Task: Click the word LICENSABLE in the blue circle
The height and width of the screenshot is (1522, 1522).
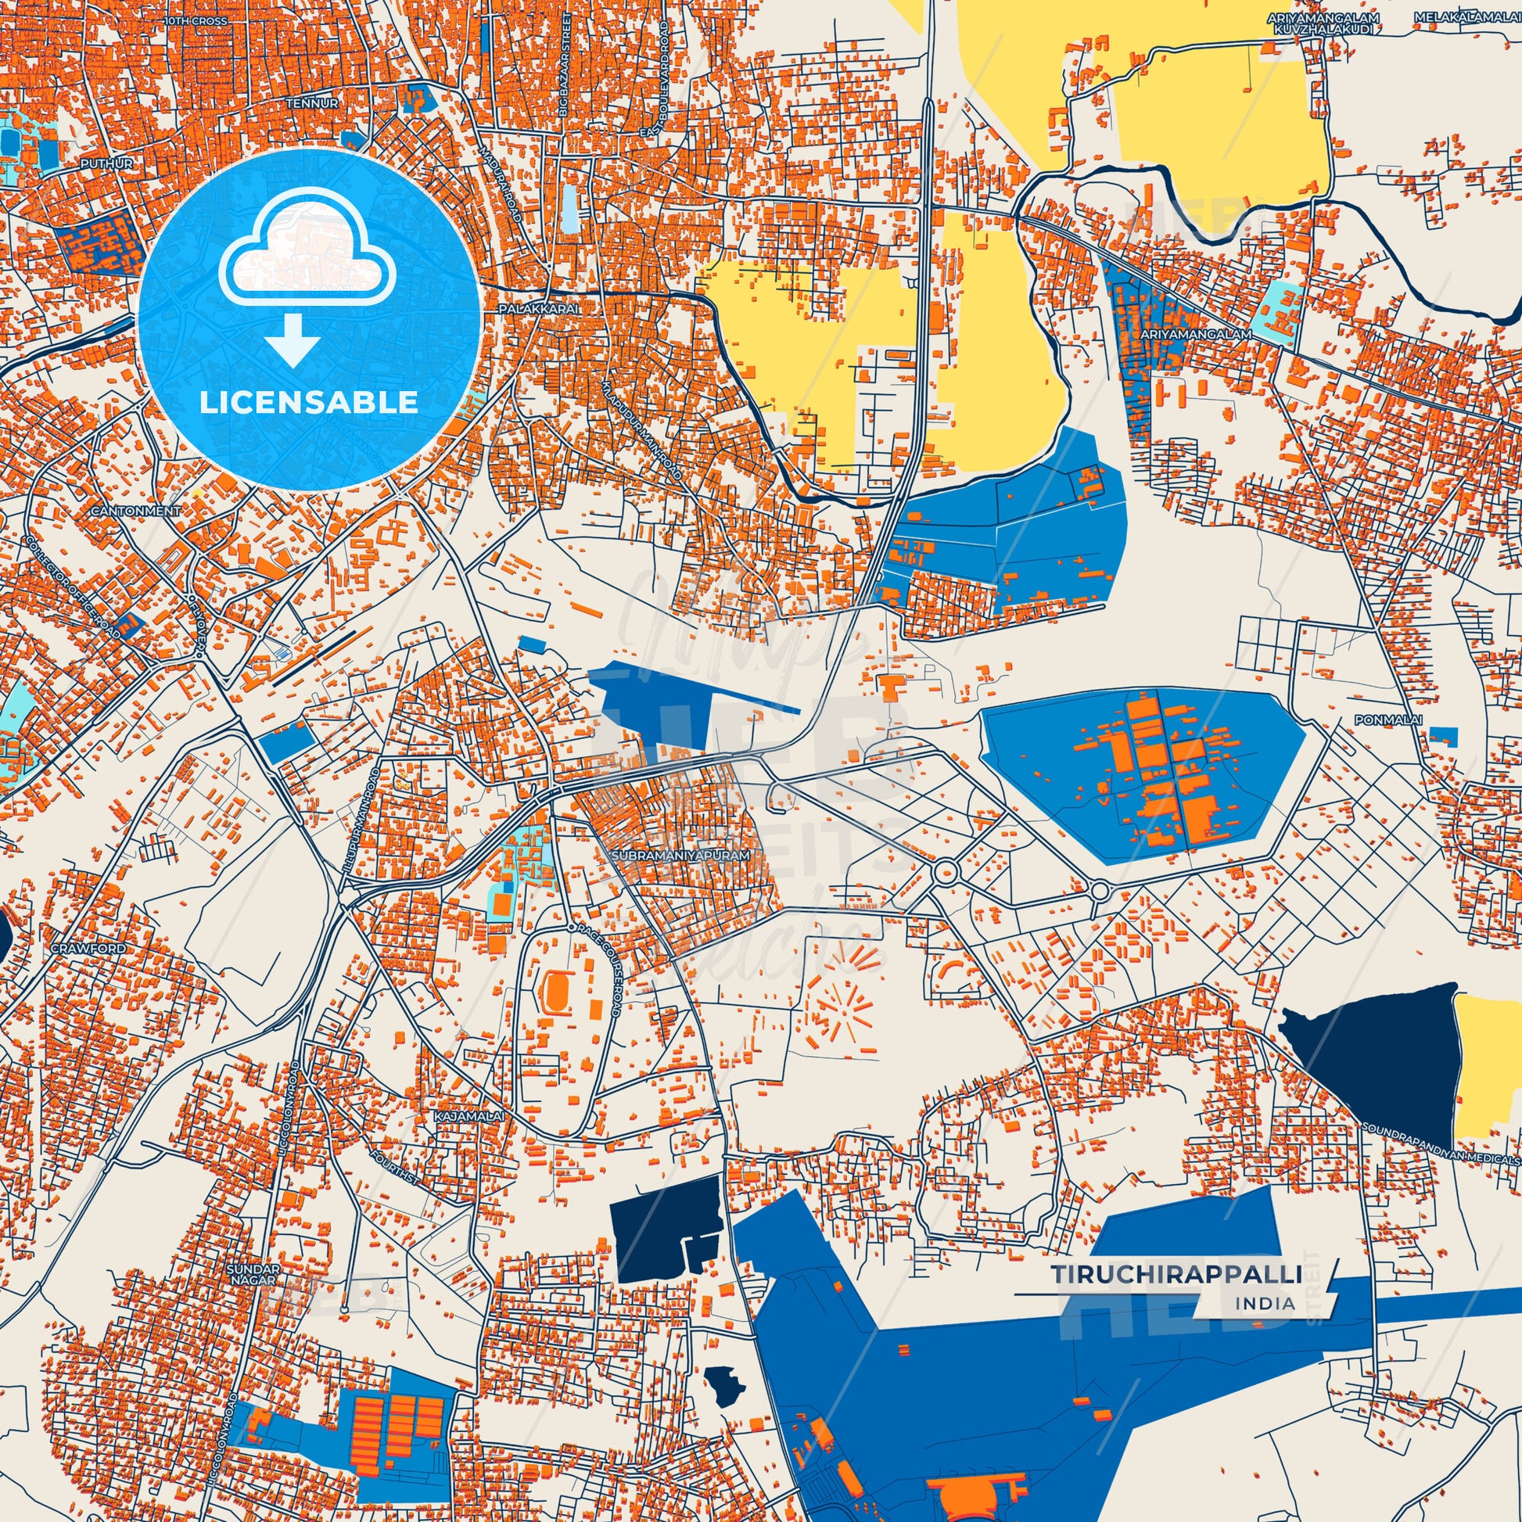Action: [x=309, y=403]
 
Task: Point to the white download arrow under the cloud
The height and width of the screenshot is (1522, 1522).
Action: [x=293, y=339]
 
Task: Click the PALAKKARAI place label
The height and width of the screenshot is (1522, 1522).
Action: [x=538, y=310]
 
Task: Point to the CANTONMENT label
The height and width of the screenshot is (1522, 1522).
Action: [x=135, y=512]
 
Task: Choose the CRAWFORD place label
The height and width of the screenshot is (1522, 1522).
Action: [x=88, y=949]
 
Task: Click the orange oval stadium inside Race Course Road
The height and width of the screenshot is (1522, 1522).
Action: [x=556, y=991]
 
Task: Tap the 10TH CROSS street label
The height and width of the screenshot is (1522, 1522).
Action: [x=196, y=20]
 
